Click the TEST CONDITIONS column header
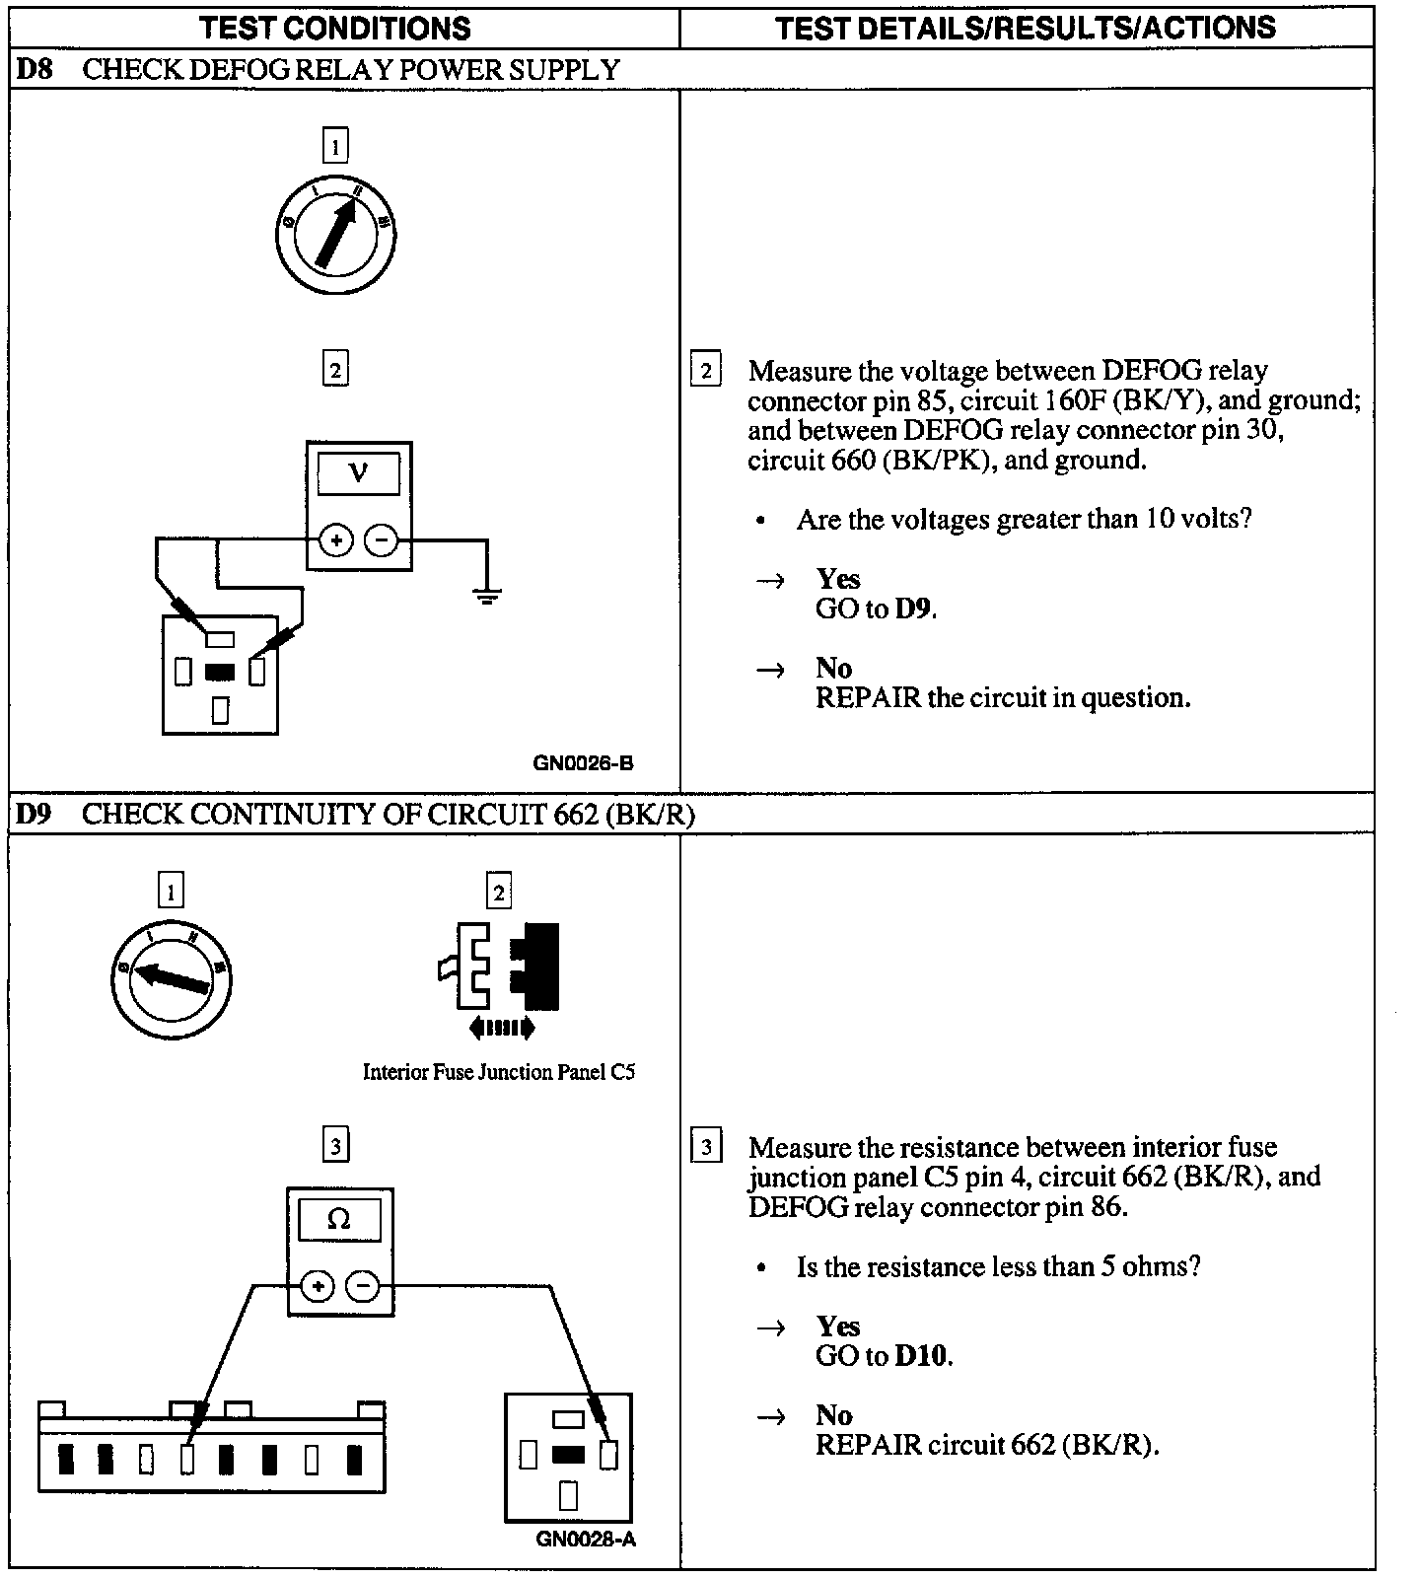(335, 28)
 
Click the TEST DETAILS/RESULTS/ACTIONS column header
(1026, 28)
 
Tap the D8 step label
(35, 70)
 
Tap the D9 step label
(35, 815)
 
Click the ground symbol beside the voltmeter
(486, 595)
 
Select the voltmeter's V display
(359, 473)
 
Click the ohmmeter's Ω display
(339, 1220)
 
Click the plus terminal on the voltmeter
(336, 540)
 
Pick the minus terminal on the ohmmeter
(363, 1286)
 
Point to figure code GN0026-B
(584, 762)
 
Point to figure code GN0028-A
(586, 1539)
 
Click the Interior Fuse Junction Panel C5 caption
(499, 1072)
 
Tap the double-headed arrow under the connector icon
(502, 1028)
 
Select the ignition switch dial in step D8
(335, 235)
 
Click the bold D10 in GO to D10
(922, 1356)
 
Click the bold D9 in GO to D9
(913, 609)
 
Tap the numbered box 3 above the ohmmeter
(336, 1146)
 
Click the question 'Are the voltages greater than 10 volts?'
(1024, 519)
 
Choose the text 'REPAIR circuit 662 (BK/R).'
(987, 1445)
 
